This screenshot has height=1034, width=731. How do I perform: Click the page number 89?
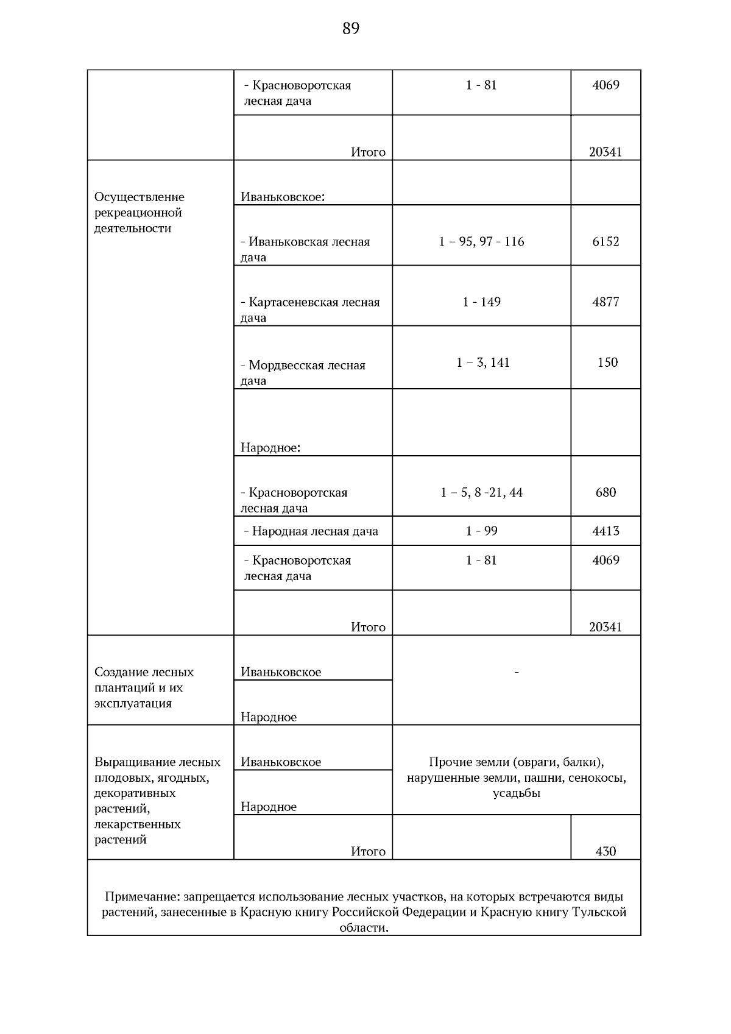(x=351, y=29)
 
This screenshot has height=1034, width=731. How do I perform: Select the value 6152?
(x=606, y=242)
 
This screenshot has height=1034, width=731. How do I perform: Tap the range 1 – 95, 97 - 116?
(x=481, y=242)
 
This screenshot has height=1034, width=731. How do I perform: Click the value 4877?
(x=606, y=302)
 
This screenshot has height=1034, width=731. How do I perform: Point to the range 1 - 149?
(x=481, y=302)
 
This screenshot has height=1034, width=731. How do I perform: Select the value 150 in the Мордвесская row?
(x=607, y=363)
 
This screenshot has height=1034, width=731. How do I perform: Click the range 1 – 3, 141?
(x=482, y=363)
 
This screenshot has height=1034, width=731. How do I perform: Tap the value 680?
(x=606, y=492)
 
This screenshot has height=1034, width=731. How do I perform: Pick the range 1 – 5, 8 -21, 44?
(x=481, y=492)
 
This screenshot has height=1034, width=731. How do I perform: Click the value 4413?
(x=606, y=531)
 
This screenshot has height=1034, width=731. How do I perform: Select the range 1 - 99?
(x=481, y=531)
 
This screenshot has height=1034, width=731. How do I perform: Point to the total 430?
(x=606, y=851)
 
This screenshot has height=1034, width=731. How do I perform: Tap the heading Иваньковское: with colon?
(x=283, y=197)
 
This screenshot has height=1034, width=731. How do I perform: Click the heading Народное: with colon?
(x=270, y=448)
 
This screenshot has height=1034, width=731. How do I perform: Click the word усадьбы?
(x=517, y=793)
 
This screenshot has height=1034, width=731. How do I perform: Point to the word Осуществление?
(x=139, y=197)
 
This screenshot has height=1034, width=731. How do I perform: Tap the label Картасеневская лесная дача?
(x=310, y=310)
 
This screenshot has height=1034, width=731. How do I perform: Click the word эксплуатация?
(x=133, y=703)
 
